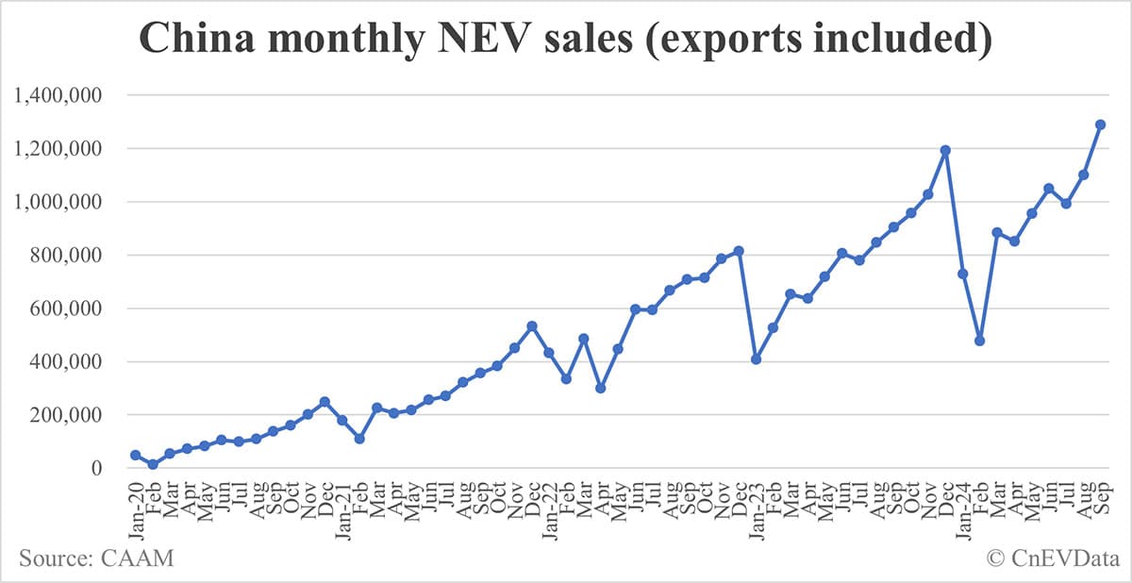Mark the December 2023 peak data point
click(x=945, y=150)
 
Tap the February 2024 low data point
click(x=980, y=341)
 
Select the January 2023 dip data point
click(x=757, y=359)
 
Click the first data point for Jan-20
click(x=136, y=456)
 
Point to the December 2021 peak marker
click(x=532, y=326)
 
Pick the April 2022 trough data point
click(x=601, y=388)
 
